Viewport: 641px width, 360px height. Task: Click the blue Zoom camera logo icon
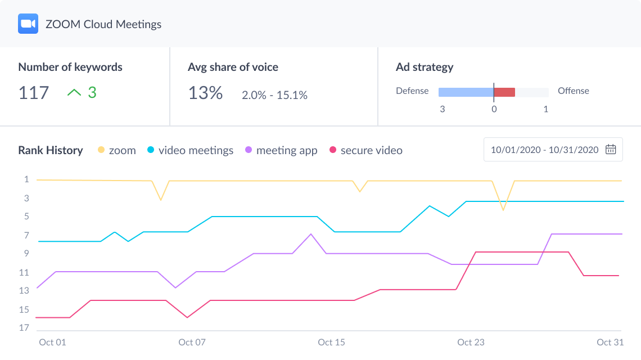(x=28, y=24)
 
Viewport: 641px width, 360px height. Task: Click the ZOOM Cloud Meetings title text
(x=103, y=24)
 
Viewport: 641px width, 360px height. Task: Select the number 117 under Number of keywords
(x=34, y=93)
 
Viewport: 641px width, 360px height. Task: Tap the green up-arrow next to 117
(x=74, y=93)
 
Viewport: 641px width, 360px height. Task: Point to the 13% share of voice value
(x=205, y=93)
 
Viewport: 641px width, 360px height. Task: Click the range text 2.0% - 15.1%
(x=274, y=95)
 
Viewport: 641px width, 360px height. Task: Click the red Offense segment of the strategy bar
(x=504, y=92)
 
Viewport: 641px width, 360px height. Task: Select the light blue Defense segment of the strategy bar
(x=466, y=92)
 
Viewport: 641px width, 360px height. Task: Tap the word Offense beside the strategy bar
(x=573, y=91)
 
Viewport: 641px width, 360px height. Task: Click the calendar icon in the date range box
(x=611, y=150)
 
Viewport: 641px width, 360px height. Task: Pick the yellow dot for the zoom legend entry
(x=101, y=150)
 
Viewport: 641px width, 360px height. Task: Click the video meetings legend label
(x=196, y=150)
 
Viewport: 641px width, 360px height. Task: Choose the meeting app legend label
(x=287, y=150)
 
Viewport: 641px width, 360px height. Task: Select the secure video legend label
(x=371, y=150)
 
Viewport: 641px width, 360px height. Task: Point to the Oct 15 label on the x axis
(x=332, y=342)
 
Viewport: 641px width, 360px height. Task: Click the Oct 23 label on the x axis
(x=471, y=342)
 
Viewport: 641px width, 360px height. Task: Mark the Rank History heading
(x=51, y=150)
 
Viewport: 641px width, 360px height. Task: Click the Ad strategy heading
(x=425, y=67)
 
